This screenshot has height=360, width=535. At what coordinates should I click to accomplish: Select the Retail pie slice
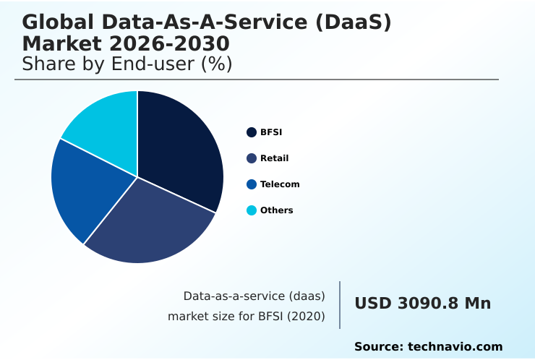[x=152, y=224]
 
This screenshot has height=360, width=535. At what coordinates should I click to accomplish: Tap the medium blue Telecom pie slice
[x=87, y=192]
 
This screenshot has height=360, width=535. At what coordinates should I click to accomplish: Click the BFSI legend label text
[x=271, y=132]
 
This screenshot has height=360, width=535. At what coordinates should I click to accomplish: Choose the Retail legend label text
[x=274, y=158]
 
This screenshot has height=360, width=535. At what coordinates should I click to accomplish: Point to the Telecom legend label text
[x=280, y=184]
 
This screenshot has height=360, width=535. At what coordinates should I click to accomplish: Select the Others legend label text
[x=276, y=210]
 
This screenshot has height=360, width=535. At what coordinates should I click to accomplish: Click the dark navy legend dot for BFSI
[x=252, y=132]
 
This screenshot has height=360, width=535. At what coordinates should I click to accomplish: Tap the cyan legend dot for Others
[x=252, y=210]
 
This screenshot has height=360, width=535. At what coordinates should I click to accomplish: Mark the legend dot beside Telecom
[x=252, y=184]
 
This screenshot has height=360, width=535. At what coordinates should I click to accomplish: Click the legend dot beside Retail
[x=252, y=158]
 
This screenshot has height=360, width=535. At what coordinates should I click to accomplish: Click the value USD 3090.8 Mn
[x=422, y=304]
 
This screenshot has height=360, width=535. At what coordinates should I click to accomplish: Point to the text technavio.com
[x=455, y=347]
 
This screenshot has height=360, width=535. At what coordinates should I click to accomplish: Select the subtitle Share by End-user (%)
[x=127, y=64]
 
